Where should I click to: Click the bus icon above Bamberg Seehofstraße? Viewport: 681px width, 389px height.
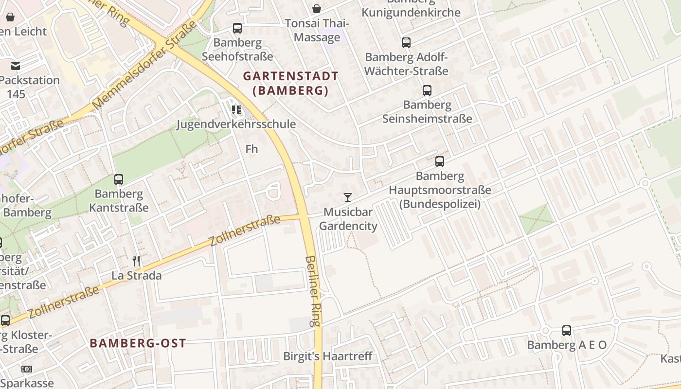tap(237, 28)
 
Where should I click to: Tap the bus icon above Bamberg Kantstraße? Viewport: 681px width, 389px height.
tap(119, 179)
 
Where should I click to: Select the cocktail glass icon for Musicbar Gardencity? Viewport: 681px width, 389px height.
tap(348, 197)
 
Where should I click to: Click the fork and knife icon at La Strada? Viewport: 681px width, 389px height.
tap(137, 261)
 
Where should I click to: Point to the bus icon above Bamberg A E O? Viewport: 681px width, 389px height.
tap(567, 331)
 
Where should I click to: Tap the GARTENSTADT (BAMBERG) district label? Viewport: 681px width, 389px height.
tap(290, 83)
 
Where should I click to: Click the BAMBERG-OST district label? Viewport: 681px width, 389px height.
tap(138, 343)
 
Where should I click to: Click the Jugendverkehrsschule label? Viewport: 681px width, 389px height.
tap(236, 124)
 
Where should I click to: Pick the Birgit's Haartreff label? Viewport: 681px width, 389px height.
tap(328, 356)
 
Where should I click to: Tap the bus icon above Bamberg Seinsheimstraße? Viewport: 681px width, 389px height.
tap(427, 90)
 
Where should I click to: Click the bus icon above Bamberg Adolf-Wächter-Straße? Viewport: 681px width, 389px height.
tap(406, 43)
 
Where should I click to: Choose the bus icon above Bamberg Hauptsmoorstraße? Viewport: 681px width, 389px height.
tap(440, 161)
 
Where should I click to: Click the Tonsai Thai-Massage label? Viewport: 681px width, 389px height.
tap(317, 30)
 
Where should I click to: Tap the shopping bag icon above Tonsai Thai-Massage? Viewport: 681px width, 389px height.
tap(317, 9)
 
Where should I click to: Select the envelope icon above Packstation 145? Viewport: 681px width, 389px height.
tap(16, 66)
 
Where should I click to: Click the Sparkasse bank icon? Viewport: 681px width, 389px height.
tap(27, 369)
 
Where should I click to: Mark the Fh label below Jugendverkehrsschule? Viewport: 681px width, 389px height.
tap(251, 149)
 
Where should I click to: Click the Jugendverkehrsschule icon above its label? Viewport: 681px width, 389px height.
tap(236, 110)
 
